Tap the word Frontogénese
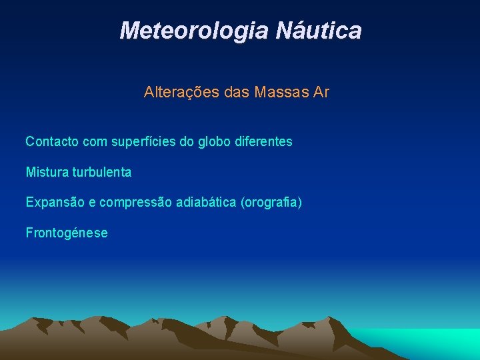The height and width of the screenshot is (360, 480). coord(67,233)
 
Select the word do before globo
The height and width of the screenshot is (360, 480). coord(188,141)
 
